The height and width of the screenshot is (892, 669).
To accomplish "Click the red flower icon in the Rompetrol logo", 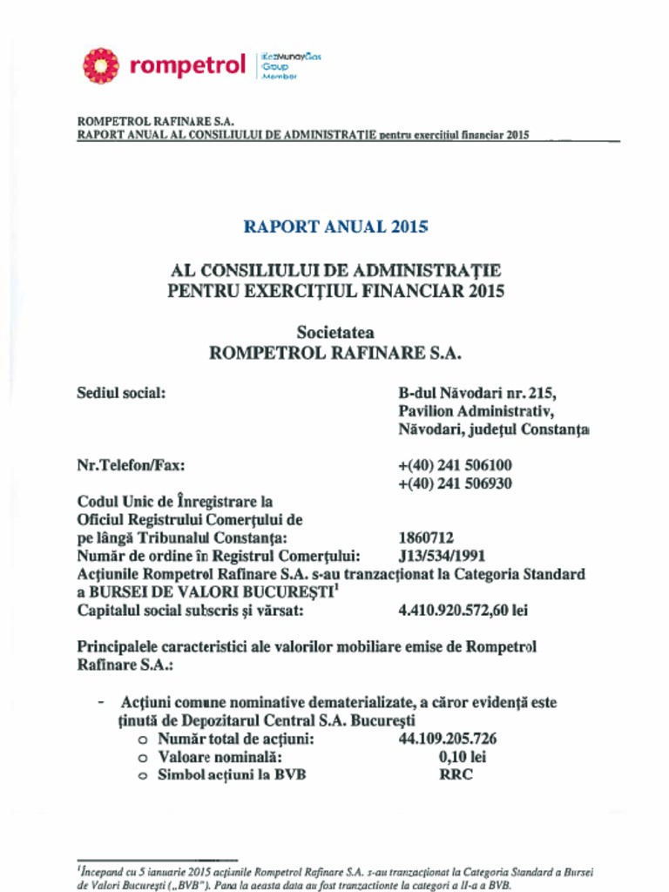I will [100, 66].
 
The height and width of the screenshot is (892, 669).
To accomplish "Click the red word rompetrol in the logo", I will [187, 66].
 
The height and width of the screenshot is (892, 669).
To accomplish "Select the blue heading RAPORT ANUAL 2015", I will [335, 226].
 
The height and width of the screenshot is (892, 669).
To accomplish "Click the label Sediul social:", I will [121, 393].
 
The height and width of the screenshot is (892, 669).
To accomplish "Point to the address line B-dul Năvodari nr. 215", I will [476, 393].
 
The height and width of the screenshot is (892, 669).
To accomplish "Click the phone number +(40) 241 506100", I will [455, 465].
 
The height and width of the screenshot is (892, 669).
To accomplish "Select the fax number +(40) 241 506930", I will [455, 483].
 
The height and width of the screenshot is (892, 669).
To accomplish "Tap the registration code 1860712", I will [426, 538].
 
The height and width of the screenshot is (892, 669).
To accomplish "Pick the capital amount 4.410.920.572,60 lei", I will [463, 611].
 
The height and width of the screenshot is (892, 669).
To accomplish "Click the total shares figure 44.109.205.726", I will [448, 739].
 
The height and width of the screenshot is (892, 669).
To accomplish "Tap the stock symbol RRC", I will [456, 775].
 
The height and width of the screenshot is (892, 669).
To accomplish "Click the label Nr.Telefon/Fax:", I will [131, 465].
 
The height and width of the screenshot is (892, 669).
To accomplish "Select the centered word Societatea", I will [335, 332].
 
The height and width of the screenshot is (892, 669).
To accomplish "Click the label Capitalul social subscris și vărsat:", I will [190, 611].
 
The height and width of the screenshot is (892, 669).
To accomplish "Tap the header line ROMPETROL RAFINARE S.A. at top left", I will [156, 121].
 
